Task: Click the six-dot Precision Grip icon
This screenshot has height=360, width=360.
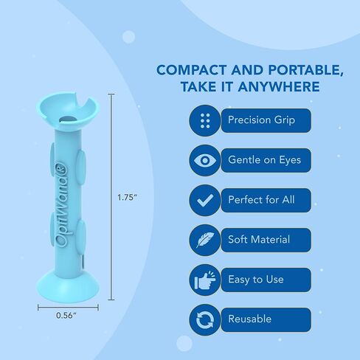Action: click(205, 120)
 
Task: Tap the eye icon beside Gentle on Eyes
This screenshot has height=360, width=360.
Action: click(205, 160)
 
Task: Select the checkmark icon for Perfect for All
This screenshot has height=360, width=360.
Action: click(205, 200)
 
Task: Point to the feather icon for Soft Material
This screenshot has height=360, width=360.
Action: click(205, 240)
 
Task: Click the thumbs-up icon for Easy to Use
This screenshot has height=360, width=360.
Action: click(205, 280)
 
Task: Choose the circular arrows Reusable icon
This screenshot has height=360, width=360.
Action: click(205, 319)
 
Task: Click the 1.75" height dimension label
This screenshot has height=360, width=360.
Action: click(127, 197)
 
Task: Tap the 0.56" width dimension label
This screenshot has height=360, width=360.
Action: click(66, 315)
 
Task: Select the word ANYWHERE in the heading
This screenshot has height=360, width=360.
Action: click(279, 86)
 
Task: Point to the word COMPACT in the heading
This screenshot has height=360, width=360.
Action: click(192, 70)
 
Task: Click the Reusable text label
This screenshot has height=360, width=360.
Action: click(249, 319)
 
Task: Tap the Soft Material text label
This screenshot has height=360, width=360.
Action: click(259, 239)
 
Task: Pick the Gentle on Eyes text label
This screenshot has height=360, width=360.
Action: click(264, 160)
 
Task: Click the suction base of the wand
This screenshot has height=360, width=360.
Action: click(67, 285)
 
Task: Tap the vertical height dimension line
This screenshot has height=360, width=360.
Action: click(111, 197)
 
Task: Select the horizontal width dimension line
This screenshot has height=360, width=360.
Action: click(68, 308)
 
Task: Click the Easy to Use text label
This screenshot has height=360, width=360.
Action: click(256, 280)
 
